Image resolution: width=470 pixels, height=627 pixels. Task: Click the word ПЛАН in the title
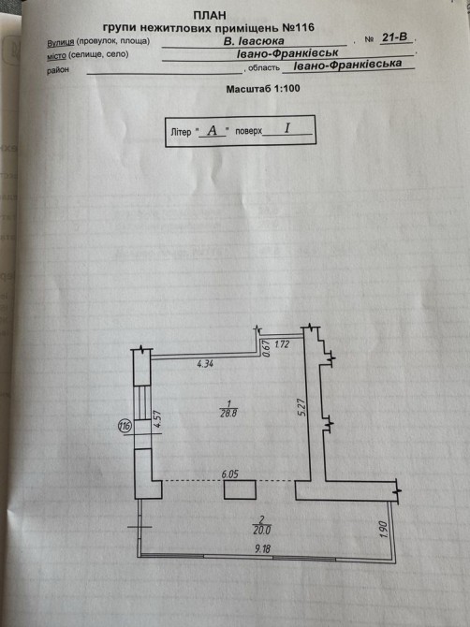tap(210, 15)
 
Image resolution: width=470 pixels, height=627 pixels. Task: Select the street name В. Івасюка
tap(254, 41)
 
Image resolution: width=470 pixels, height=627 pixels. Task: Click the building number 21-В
tap(395, 37)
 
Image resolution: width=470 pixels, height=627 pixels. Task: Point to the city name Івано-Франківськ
tap(287, 53)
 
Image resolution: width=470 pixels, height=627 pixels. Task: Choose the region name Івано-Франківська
tap(347, 65)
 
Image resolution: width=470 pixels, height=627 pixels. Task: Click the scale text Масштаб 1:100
tap(263, 89)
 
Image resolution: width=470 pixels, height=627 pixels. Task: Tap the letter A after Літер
tap(212, 130)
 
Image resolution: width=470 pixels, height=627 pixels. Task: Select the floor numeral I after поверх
tap(286, 128)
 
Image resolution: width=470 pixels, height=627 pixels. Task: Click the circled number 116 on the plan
tap(125, 426)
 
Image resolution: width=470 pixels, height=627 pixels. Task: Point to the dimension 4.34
tap(206, 364)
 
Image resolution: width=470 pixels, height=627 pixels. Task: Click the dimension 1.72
tap(282, 343)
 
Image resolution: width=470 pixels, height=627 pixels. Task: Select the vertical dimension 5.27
tap(302, 407)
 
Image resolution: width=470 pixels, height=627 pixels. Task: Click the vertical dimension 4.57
tap(157, 419)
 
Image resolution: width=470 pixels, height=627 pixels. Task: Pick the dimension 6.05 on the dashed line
tap(230, 474)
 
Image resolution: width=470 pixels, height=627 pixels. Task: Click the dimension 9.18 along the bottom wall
tap(262, 548)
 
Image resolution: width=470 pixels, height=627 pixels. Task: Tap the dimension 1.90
tap(384, 529)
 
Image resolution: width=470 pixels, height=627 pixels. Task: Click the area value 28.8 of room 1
tap(228, 414)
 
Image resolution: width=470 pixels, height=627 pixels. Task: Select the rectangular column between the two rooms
tap(240, 489)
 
